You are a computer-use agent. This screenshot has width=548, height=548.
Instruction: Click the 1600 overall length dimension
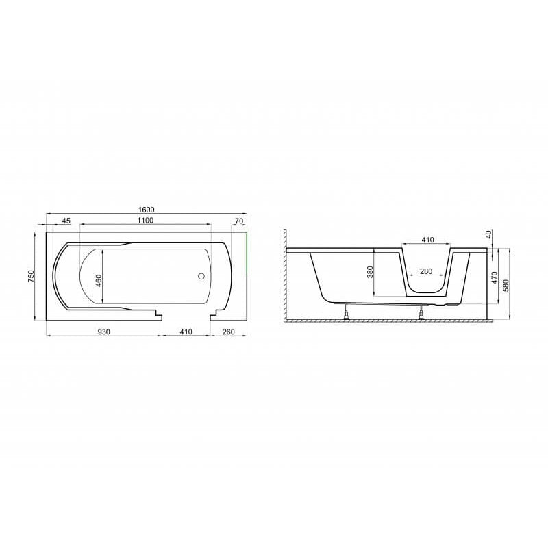pos(146,210)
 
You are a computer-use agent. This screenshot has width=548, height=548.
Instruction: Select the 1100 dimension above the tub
pos(145,220)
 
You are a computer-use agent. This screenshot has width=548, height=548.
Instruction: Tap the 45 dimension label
pos(66,221)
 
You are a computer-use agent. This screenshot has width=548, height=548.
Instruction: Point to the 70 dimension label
pos(239,221)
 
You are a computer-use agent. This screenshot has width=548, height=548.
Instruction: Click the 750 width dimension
pos(32,276)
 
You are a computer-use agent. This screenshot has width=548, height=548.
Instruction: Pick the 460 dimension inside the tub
pos(99,281)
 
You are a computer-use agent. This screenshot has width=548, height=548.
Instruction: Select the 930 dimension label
pos(104,332)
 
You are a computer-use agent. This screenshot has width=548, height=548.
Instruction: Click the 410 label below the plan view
pos(186,332)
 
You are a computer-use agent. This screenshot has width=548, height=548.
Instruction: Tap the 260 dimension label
pos(228,332)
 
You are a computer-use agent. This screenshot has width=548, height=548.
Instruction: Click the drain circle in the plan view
pos(201,276)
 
